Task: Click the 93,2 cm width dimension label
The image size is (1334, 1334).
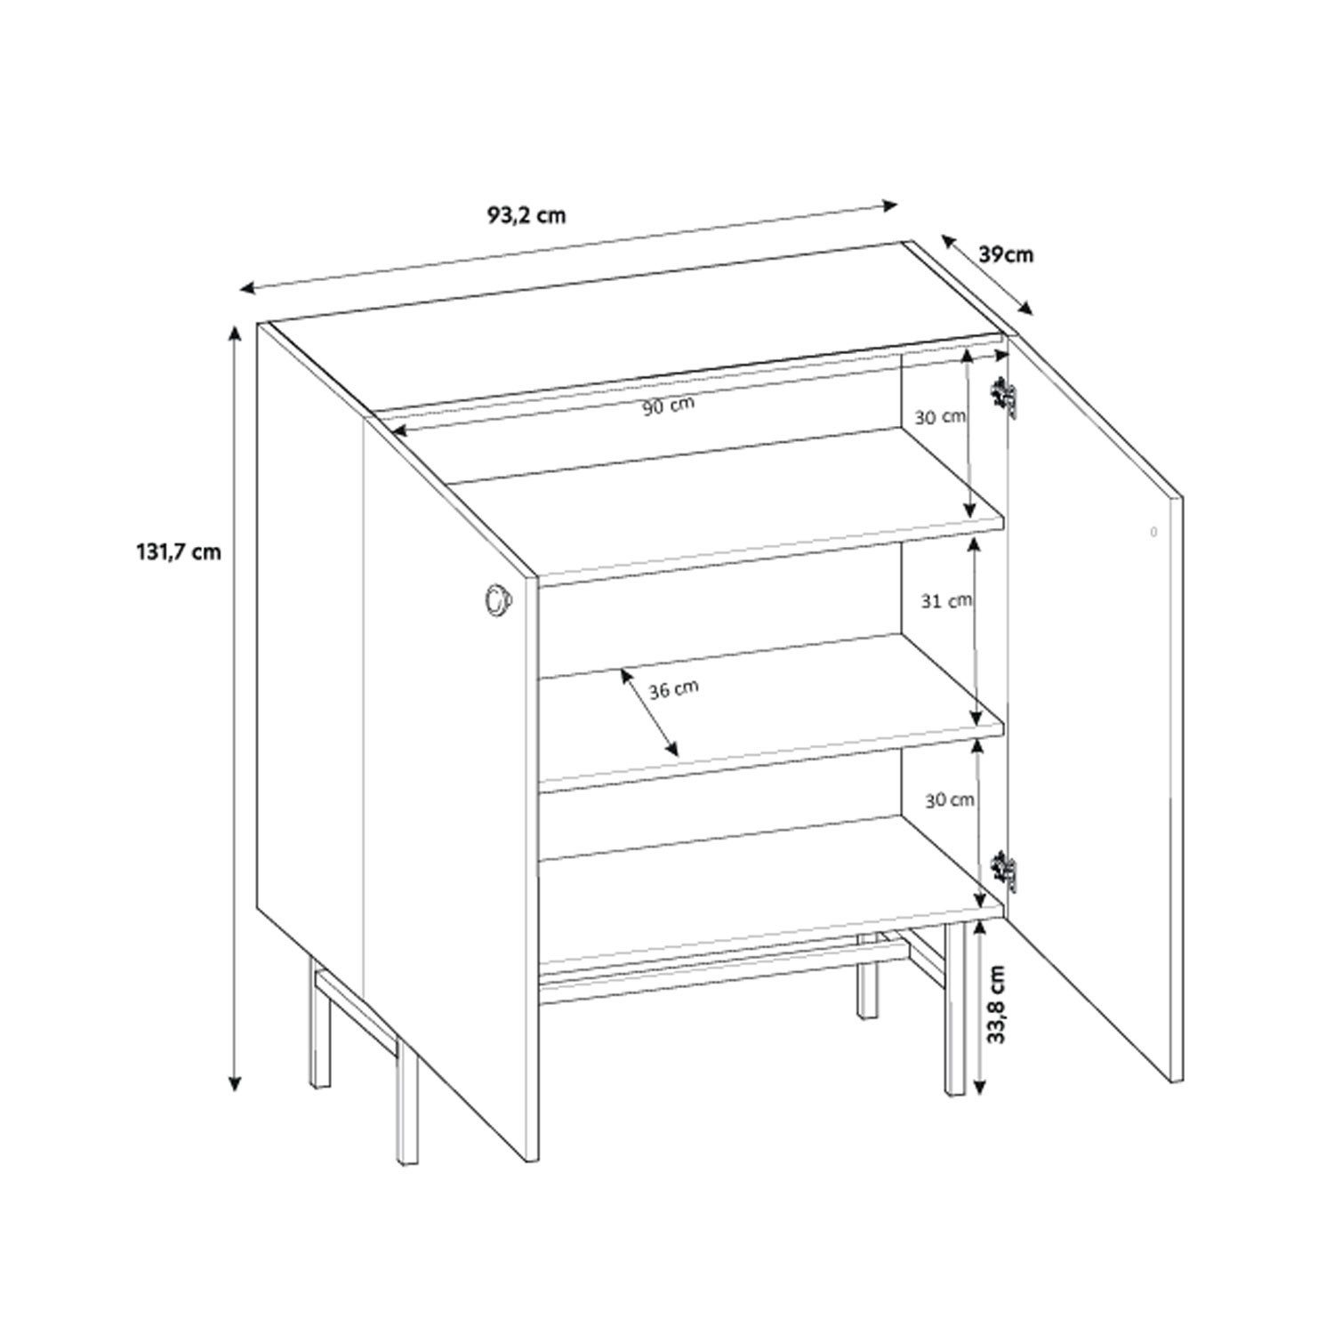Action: (x=526, y=214)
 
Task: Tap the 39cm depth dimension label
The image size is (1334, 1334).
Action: (x=1006, y=254)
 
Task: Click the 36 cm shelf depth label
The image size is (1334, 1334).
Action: (x=673, y=689)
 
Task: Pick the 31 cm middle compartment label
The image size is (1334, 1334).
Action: (x=945, y=601)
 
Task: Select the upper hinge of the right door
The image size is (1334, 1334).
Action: (x=1006, y=398)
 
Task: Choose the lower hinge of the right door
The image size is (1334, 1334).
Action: (x=1006, y=869)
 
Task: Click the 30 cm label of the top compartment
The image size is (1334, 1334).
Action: (x=940, y=416)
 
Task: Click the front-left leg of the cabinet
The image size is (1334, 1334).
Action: (x=406, y=1103)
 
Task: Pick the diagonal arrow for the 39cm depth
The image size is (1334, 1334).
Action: (x=986, y=276)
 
